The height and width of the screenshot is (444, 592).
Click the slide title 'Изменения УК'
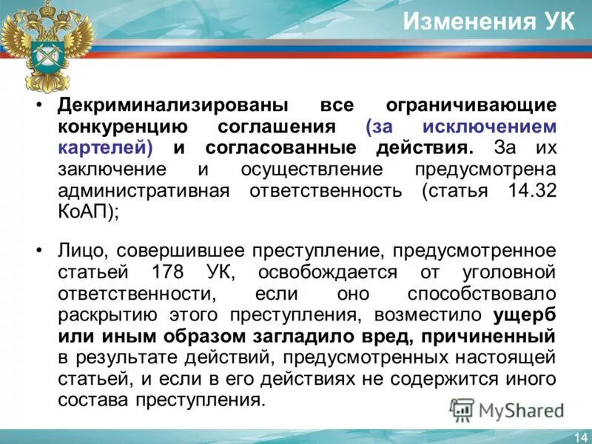tap(488, 21)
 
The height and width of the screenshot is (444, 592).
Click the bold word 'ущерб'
tap(525, 315)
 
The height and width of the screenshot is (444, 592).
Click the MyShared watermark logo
tap(506, 410)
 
